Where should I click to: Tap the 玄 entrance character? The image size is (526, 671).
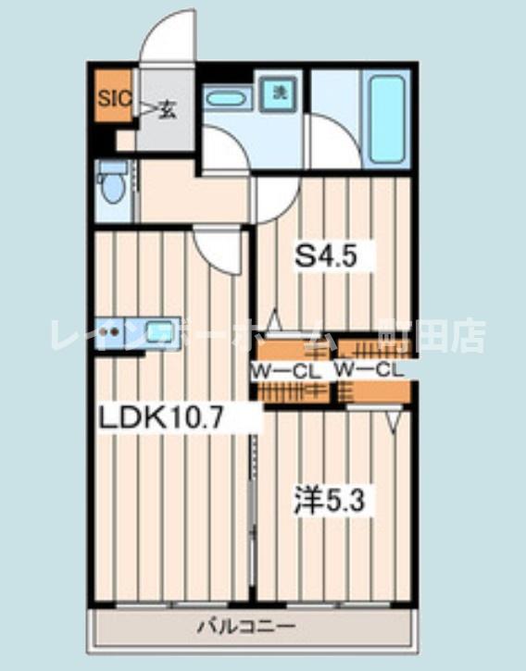[167, 109]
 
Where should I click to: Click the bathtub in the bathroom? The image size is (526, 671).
[385, 120]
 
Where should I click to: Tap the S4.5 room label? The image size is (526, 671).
[325, 255]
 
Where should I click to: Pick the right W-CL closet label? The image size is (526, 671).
[369, 369]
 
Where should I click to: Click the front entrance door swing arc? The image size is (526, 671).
[169, 37]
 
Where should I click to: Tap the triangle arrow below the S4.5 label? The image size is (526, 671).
[274, 320]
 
